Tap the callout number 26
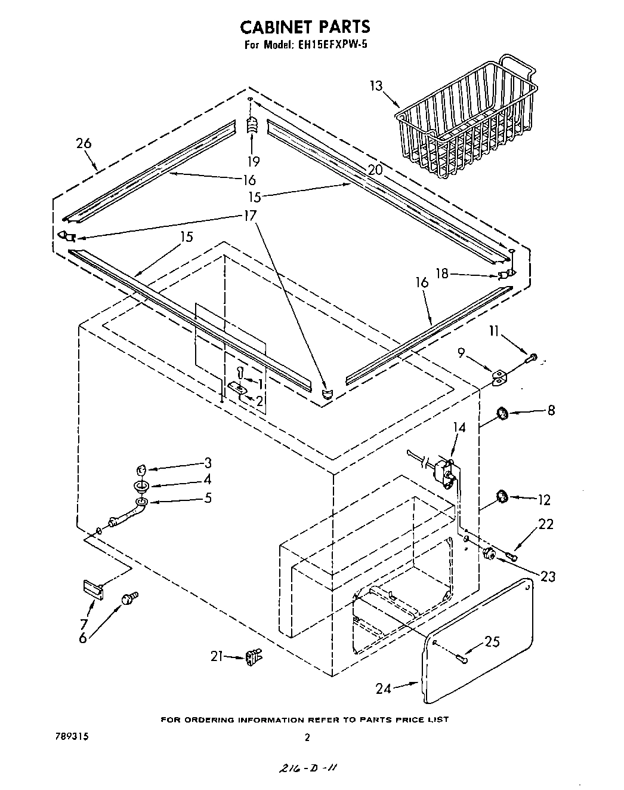[x=84, y=143]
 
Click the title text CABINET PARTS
[x=305, y=27]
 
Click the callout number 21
[x=217, y=656]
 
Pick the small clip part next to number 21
[x=254, y=657]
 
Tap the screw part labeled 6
[x=129, y=598]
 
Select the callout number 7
[x=84, y=624]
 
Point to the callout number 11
[x=493, y=331]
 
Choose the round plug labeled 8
[x=502, y=413]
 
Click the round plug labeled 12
[x=502, y=496]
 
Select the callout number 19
[x=254, y=161]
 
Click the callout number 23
[x=547, y=576]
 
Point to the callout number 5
[x=208, y=497]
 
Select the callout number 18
[x=441, y=273]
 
